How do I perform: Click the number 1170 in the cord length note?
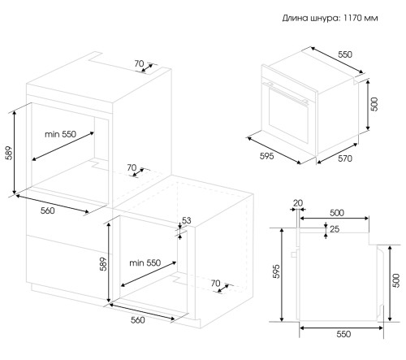click(353, 18)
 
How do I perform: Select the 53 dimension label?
click(186, 220)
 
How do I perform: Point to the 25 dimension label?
click(335, 229)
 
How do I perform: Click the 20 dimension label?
click(298, 203)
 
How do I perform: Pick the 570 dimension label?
click(345, 158)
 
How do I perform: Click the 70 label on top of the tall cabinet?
click(139, 63)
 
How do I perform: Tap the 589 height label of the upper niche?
click(10, 153)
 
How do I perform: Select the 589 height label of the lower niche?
click(103, 264)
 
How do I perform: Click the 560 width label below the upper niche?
click(48, 210)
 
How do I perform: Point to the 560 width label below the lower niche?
click(138, 320)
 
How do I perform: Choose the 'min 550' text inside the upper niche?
click(60, 134)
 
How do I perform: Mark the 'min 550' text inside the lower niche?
click(145, 262)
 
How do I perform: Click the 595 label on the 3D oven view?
click(266, 156)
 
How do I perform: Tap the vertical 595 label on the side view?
click(276, 271)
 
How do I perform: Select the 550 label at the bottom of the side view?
click(343, 334)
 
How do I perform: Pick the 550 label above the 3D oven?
click(345, 54)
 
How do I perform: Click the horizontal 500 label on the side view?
click(337, 213)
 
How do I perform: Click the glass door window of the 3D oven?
click(288, 115)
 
